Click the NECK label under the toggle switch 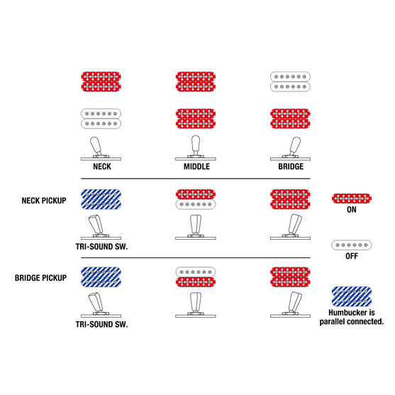click(102, 167)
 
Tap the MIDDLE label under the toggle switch click(196, 167)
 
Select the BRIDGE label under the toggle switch click(291, 167)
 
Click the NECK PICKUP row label click(44, 201)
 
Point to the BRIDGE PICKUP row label click(41, 278)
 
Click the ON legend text click(352, 210)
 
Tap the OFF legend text click(352, 256)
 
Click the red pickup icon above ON click(352, 199)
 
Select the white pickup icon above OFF click(352, 245)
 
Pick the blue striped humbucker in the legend click(352, 296)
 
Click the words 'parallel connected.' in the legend click(352, 321)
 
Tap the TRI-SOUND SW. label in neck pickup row click(102, 247)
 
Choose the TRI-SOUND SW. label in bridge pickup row click(102, 324)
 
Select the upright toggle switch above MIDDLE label click(196, 148)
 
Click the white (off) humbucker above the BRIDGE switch click(290, 82)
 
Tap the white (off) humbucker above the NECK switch click(101, 118)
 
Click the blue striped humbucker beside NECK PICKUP click(101, 199)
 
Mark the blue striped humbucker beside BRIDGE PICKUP click(101, 277)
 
